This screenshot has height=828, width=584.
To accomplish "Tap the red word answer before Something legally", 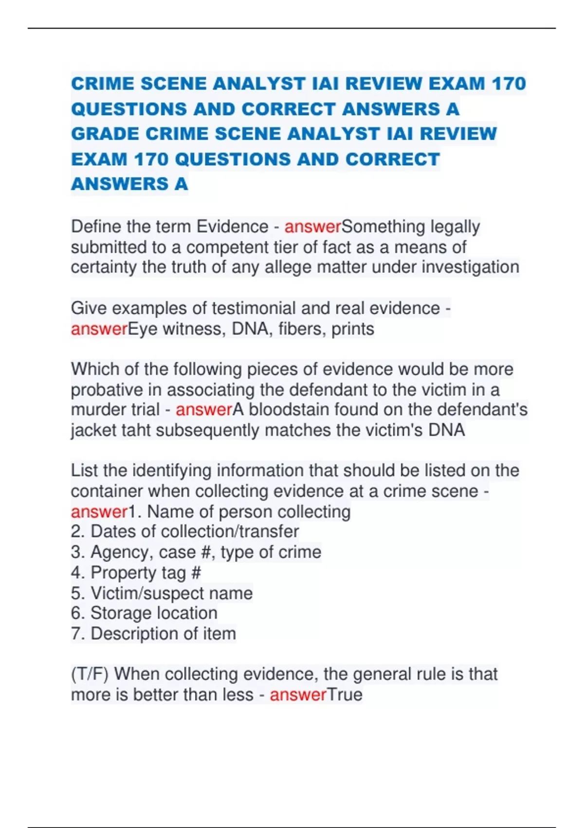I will (x=312, y=227).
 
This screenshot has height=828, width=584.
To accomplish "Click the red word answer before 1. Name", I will (x=99, y=512).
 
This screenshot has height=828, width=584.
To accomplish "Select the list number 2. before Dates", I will (x=78, y=531).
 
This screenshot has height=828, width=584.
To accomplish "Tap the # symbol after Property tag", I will (x=196, y=573).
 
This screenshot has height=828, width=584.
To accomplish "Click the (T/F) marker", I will (x=90, y=675).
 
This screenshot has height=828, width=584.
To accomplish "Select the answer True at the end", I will (x=345, y=695).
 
